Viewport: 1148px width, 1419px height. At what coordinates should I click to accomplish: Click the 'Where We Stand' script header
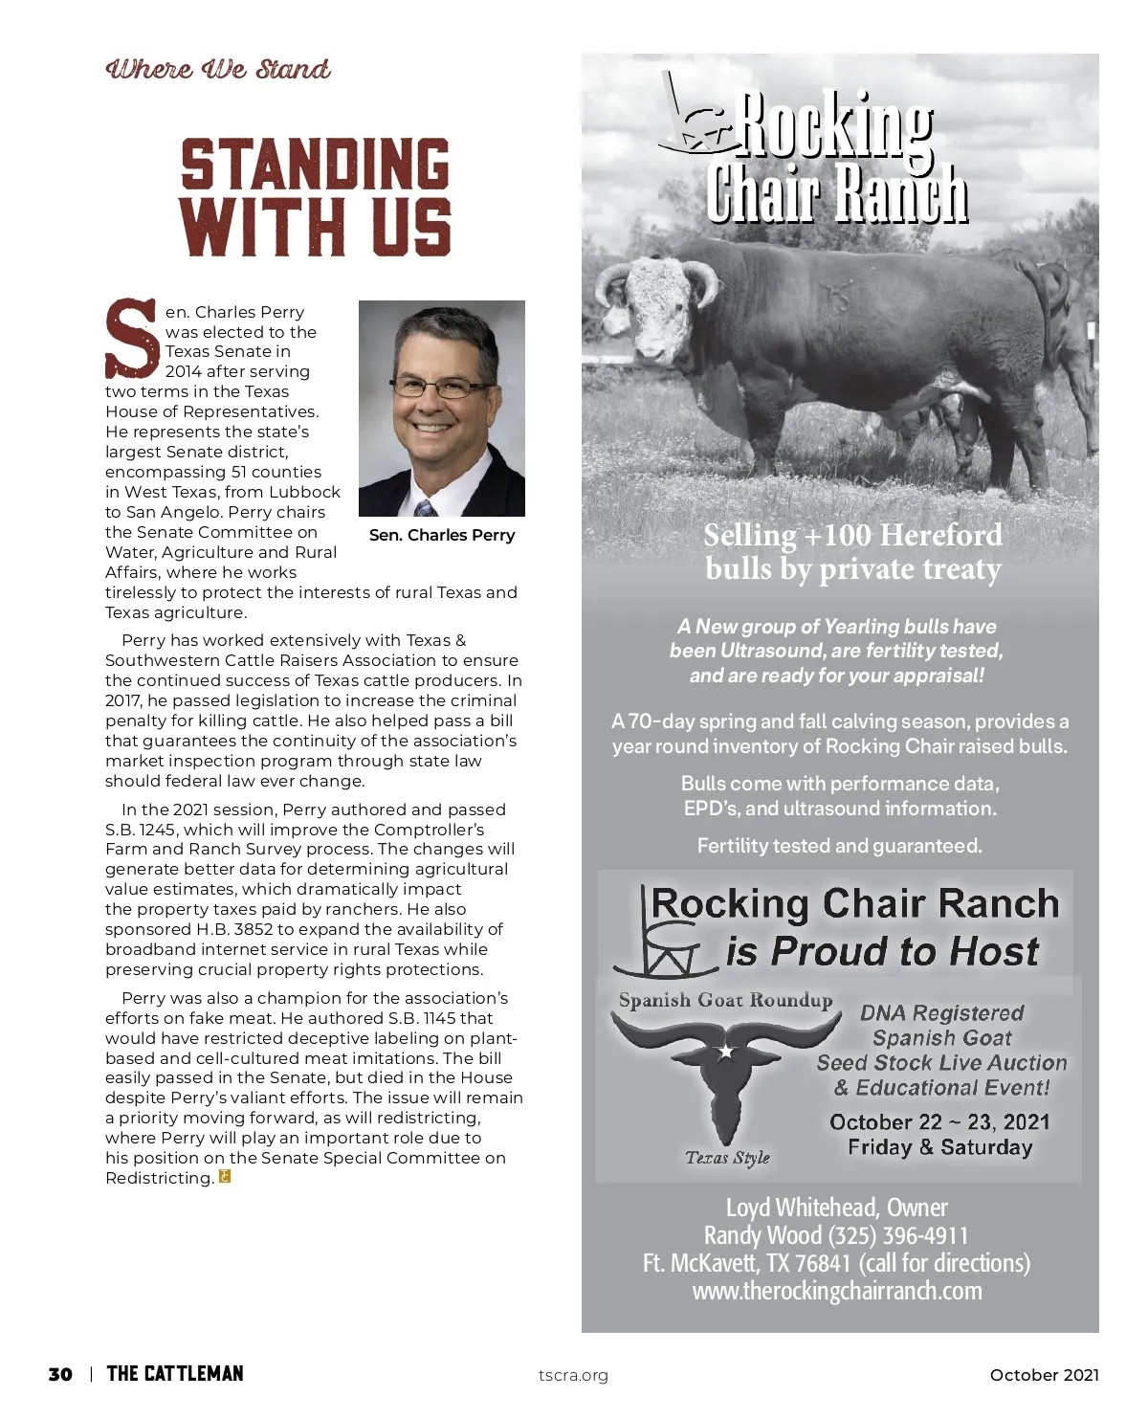(218, 70)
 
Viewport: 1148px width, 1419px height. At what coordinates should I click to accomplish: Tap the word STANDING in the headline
(315, 165)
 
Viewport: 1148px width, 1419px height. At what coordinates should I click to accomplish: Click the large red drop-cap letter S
(131, 338)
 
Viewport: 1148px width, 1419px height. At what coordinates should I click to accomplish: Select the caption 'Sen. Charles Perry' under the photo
(442, 535)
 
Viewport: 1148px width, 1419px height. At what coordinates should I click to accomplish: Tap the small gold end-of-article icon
(226, 1177)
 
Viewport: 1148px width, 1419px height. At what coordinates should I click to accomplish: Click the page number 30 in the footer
(60, 1375)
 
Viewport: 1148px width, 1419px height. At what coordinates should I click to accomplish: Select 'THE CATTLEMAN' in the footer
(175, 1375)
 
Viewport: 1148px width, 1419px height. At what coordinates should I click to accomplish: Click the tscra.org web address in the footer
(573, 1376)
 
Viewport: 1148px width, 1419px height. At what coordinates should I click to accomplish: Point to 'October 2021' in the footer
(1044, 1375)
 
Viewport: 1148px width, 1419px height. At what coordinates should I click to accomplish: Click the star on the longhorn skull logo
(726, 1053)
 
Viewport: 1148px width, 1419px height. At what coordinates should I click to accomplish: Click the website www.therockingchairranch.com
(837, 1291)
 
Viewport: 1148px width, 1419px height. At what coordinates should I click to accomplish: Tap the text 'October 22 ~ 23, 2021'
(939, 1121)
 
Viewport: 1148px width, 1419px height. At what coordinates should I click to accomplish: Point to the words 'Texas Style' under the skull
(727, 1158)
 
